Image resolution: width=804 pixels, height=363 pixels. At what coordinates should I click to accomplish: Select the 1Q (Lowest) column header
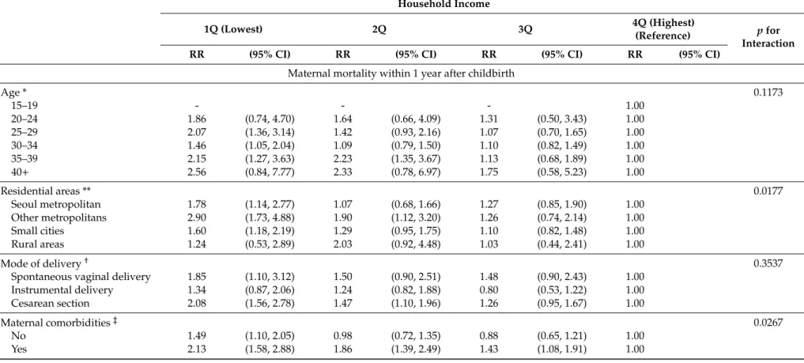[233, 29]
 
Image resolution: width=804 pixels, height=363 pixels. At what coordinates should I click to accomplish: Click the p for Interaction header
[768, 36]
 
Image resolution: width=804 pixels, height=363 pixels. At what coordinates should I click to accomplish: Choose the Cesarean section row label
[51, 303]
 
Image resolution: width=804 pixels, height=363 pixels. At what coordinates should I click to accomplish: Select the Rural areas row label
[38, 244]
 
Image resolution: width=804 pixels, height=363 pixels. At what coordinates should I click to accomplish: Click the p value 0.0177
[768, 191]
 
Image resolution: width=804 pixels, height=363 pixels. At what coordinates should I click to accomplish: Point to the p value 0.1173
[768, 93]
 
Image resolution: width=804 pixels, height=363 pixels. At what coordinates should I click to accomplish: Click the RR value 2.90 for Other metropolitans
[198, 218]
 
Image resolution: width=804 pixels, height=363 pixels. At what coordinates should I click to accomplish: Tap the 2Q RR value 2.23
[343, 158]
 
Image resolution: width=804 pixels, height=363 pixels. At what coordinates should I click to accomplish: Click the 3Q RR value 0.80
[489, 290]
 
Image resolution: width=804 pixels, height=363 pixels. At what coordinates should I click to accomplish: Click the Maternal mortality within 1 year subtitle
[401, 74]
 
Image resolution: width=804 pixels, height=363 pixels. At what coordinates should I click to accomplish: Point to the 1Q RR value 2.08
[198, 303]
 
